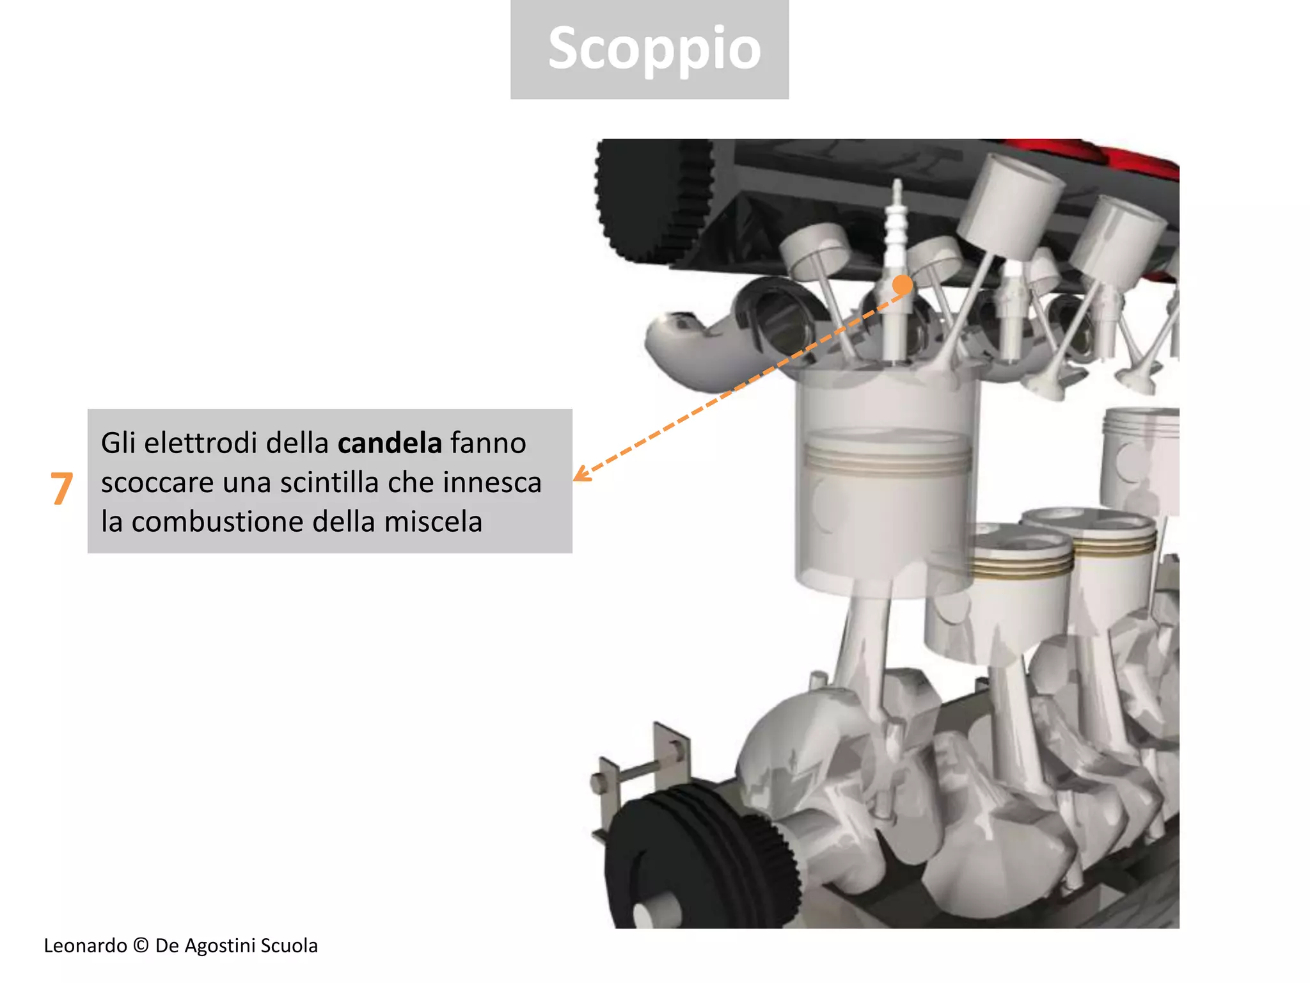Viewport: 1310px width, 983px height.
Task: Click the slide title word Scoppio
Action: [654, 49]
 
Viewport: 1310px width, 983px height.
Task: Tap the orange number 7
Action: [61, 489]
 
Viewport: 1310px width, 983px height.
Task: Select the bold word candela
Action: [390, 443]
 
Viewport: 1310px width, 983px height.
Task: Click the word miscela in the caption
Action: [433, 522]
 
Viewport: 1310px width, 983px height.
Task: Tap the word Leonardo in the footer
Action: [85, 946]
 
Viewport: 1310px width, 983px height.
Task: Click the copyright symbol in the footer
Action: [141, 946]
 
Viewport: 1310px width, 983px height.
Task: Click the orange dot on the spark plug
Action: [903, 284]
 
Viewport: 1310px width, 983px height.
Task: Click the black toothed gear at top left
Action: [652, 198]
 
